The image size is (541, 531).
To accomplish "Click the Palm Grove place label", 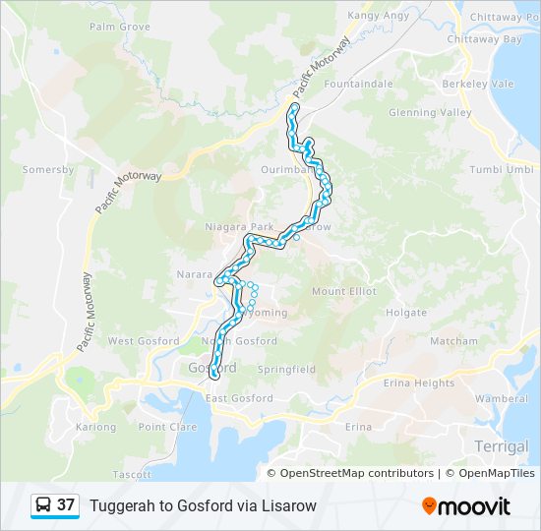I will (119, 27).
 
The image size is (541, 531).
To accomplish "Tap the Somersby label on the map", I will (48, 169).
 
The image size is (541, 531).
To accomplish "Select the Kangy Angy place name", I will (377, 15).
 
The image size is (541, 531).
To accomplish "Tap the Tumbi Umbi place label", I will (501, 169).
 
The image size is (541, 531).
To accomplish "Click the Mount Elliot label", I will (343, 291).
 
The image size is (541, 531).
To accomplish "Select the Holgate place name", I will (406, 313).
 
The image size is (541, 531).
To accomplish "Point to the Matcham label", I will (453, 341).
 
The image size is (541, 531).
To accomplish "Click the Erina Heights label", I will (421, 383).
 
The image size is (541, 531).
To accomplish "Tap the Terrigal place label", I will (501, 446).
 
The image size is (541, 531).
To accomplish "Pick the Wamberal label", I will (501, 399).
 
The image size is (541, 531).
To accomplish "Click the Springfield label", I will (286, 370).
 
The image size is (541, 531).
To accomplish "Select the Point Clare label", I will (167, 427).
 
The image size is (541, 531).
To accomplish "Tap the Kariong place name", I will (95, 427).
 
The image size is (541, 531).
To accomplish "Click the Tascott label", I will (132, 474).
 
